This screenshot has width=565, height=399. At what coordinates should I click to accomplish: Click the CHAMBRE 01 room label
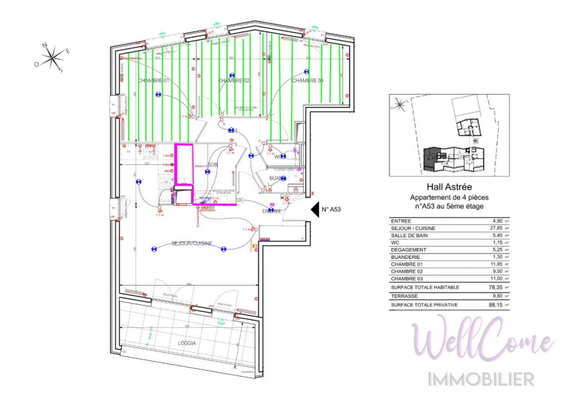click(153, 80)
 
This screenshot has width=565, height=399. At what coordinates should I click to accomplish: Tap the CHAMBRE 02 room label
click(233, 80)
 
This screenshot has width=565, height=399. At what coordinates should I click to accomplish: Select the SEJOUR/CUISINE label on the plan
click(192, 243)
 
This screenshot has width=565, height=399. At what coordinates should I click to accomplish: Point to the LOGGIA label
click(187, 343)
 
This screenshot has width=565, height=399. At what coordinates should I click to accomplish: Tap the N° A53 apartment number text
click(332, 210)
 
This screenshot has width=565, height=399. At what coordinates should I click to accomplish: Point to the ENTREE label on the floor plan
click(271, 211)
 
